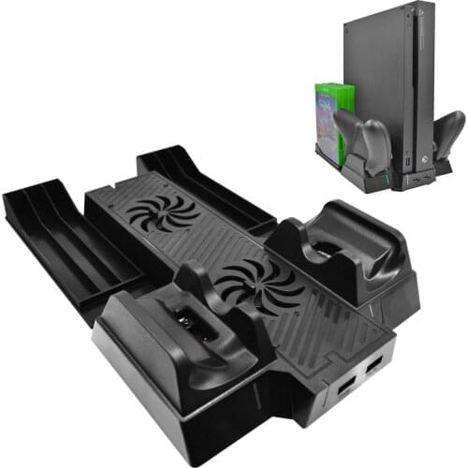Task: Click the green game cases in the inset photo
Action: click(x=332, y=108)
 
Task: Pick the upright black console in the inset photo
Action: click(x=393, y=84)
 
